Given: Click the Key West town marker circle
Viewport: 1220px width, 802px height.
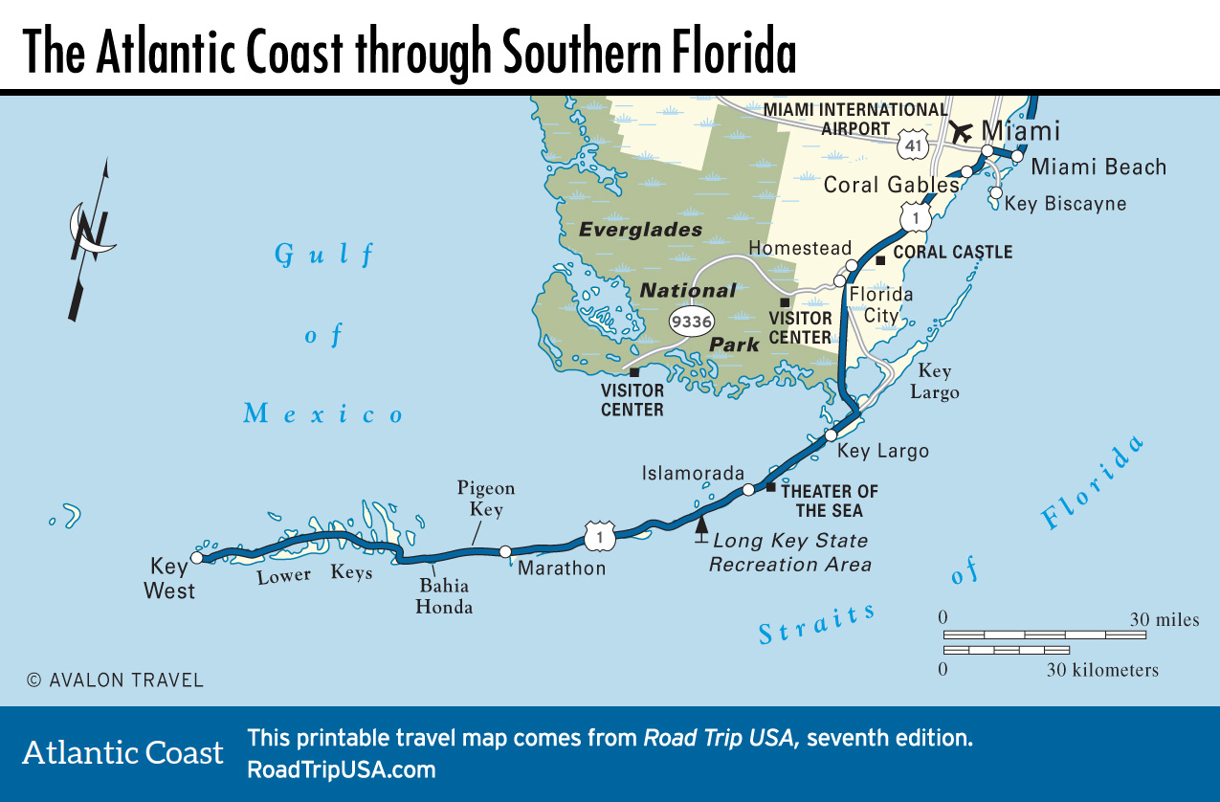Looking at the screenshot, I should pos(196,557).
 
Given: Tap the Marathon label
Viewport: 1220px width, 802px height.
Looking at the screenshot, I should pos(562,568).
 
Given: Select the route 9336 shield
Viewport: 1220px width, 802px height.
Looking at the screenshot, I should pos(691,322).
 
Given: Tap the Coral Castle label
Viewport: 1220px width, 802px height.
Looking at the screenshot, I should pos(952,253).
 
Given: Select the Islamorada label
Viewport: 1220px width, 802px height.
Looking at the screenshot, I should pos(693,473).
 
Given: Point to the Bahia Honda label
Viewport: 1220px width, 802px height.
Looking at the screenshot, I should pos(444,596).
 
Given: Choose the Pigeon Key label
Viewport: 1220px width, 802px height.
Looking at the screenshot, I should pos(486,499).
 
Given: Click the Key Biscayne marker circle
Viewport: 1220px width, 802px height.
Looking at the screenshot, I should pos(996,192).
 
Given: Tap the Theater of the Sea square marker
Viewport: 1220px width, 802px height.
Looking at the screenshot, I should pos(771,487).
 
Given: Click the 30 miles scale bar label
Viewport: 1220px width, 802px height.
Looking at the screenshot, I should pos(1164,620).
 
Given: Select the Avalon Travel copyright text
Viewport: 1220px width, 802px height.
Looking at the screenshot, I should pos(115,680).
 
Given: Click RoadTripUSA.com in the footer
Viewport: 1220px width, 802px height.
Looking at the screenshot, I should pos(342,769).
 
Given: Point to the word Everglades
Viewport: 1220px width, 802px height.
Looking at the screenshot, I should pos(640,230).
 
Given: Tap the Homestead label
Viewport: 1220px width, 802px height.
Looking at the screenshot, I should pos(800,248).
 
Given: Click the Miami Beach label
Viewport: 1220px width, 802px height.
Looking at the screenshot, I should pos(1098,167).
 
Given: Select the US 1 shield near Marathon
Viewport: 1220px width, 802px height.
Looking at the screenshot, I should pos(599,536).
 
